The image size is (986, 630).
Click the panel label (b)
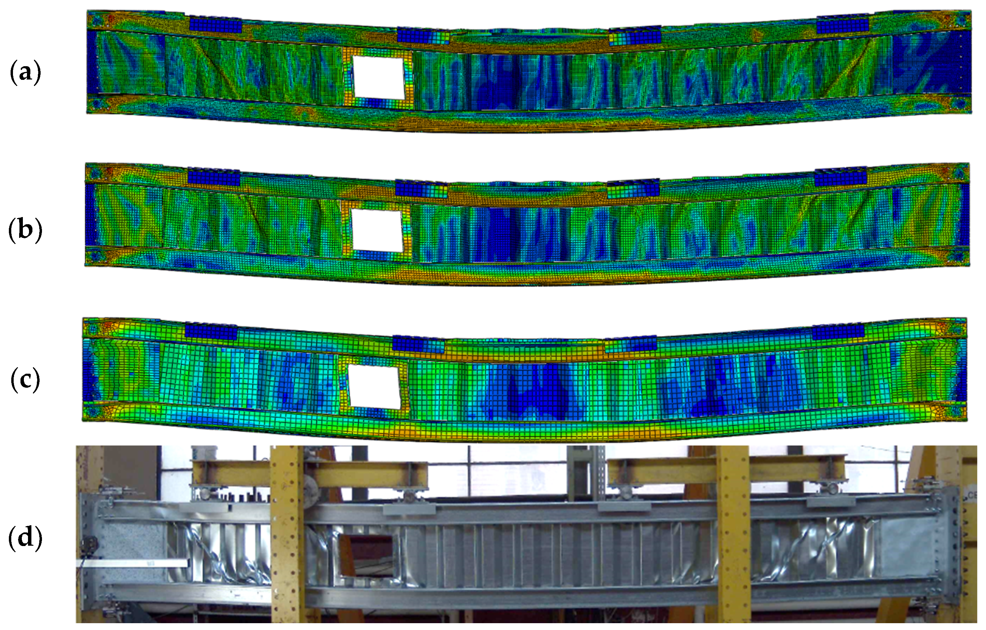pos(25,230)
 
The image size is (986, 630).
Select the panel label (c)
pos(25,380)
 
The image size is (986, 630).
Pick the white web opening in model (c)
pos(374,387)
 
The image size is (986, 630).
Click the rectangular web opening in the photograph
pos(367,555)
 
